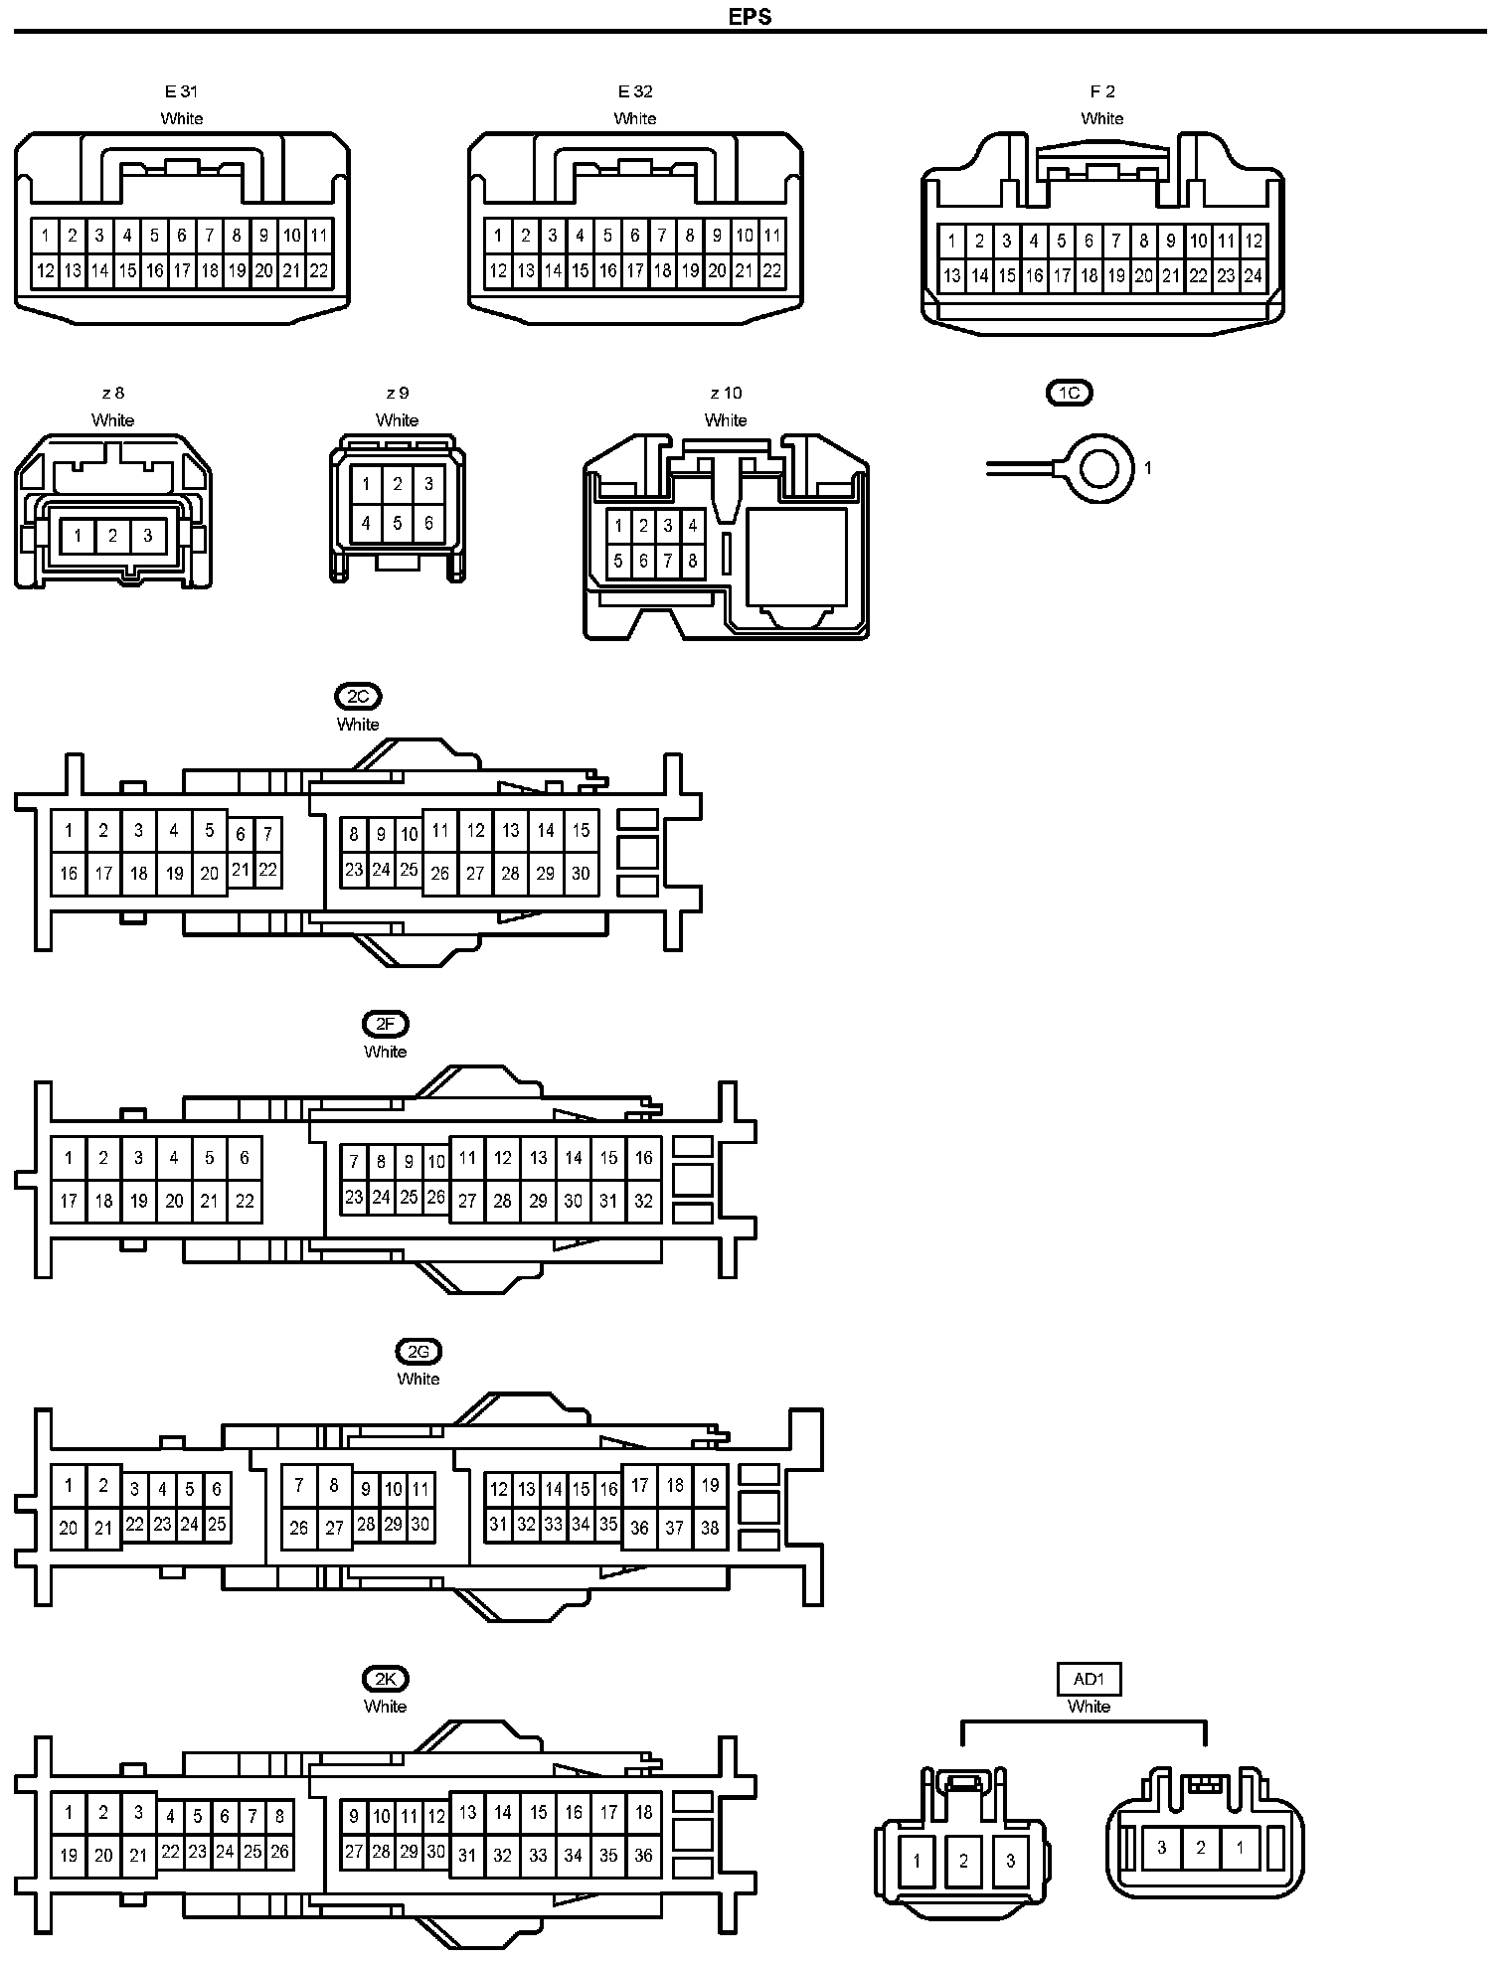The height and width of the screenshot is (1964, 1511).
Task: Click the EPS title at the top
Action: (x=750, y=17)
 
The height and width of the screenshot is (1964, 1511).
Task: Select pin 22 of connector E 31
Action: (x=318, y=270)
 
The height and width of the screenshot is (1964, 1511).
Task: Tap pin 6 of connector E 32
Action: (x=634, y=237)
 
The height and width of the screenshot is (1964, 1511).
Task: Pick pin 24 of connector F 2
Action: (x=1253, y=275)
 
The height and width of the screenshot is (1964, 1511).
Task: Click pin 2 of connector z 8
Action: (x=112, y=536)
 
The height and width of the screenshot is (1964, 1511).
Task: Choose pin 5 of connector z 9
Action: (x=397, y=522)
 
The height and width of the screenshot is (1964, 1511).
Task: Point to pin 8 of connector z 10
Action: (x=692, y=562)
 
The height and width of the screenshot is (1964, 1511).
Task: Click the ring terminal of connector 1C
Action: (x=1099, y=467)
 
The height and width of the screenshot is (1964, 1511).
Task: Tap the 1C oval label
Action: (x=1070, y=393)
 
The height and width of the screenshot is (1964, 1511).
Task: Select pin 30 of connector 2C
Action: (x=581, y=874)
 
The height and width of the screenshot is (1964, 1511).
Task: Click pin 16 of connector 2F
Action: (x=643, y=1157)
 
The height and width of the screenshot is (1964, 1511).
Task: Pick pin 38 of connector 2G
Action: (x=710, y=1528)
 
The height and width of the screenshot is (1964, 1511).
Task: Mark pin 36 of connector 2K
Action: (x=643, y=1855)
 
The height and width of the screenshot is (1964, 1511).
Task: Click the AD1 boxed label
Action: (x=1089, y=1679)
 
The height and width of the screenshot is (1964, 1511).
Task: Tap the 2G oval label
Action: (x=419, y=1351)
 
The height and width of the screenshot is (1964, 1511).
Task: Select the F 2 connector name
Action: (x=1101, y=91)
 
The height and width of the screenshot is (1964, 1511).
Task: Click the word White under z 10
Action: (x=726, y=420)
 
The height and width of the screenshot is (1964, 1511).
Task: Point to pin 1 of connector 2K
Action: (x=69, y=1812)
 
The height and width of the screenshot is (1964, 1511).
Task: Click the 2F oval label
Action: (x=386, y=1024)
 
